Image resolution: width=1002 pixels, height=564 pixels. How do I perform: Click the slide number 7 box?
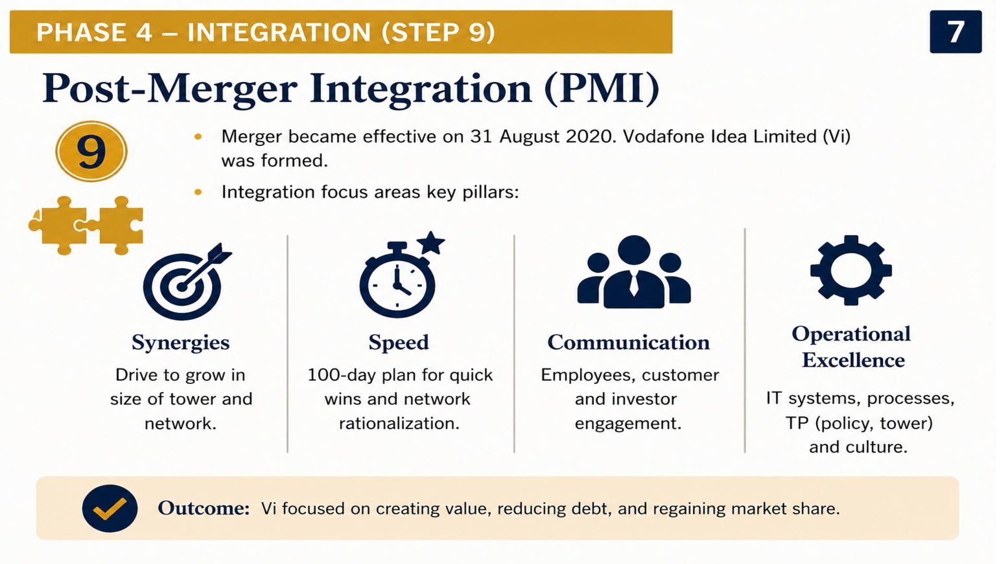(x=956, y=32)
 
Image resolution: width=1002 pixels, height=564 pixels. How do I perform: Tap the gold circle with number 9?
(x=91, y=151)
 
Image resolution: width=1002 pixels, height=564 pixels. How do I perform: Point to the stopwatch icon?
(x=398, y=279)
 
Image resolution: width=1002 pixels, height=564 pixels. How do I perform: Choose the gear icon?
(x=851, y=270)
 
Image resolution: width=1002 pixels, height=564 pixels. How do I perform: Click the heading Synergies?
(x=181, y=343)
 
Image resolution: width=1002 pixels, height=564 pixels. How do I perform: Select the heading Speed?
(x=399, y=343)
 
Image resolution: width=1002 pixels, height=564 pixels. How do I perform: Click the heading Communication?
(x=628, y=343)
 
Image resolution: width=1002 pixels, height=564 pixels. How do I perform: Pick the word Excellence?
(x=853, y=360)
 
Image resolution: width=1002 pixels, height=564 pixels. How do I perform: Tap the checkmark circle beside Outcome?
(x=110, y=508)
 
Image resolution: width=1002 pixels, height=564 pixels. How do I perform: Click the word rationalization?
(x=399, y=424)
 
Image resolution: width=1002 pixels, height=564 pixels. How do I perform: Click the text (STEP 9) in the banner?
(x=438, y=32)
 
